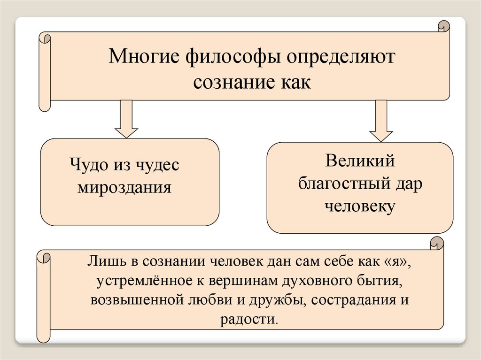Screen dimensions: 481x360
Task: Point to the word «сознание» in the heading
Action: pyautogui.click(x=225, y=82)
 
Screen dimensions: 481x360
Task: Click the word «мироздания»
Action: pyautogui.click(x=124, y=188)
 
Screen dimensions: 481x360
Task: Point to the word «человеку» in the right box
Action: pyautogui.click(x=360, y=207)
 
